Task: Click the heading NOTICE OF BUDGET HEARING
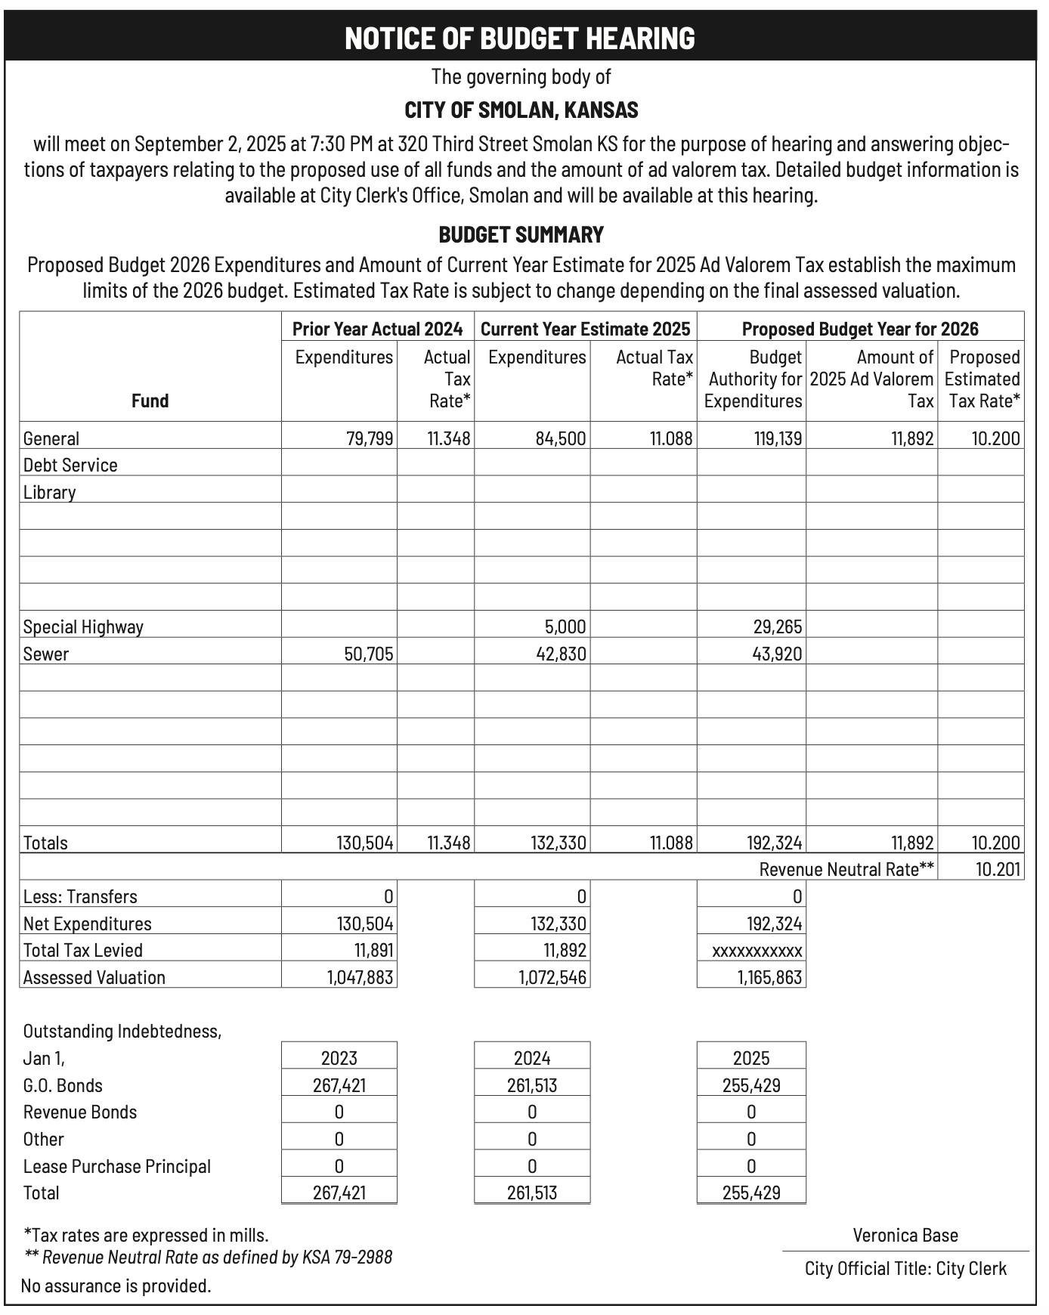520,38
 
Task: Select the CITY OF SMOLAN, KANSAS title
521,110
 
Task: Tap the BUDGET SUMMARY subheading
521,235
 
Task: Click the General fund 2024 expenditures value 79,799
370,438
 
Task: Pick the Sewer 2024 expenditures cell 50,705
369,654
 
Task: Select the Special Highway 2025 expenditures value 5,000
565,627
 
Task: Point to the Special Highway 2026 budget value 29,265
778,627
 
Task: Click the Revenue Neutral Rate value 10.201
998,869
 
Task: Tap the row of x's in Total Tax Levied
757,951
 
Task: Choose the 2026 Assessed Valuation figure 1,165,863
769,977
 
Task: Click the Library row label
50,493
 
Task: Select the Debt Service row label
70,465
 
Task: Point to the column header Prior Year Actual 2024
377,329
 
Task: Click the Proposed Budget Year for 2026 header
859,329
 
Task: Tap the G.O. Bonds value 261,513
532,1085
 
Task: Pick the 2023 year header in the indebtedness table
339,1058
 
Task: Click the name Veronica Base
905,1235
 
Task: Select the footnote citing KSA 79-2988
209,1257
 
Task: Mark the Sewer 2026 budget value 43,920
778,654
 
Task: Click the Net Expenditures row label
87,924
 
